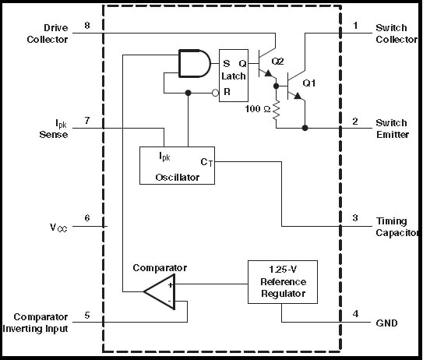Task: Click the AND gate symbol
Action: coord(194,63)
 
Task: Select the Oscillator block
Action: coord(177,165)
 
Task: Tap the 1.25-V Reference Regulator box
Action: coord(283,282)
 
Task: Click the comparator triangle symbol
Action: coord(160,291)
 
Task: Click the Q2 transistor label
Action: coord(277,62)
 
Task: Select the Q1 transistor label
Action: coord(309,83)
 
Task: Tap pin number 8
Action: coord(87,26)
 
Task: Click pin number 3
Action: coord(355,217)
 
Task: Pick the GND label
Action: coord(386,323)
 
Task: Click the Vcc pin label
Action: coord(58,228)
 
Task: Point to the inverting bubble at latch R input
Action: coord(215,93)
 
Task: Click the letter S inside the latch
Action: coord(227,64)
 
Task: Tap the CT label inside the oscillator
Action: coord(206,162)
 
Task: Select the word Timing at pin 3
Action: coord(391,221)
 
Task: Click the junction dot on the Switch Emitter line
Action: coord(305,128)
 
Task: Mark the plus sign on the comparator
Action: coord(171,284)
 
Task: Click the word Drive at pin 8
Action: coord(56,28)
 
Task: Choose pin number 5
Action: coord(87,316)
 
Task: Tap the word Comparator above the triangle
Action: coord(160,268)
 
